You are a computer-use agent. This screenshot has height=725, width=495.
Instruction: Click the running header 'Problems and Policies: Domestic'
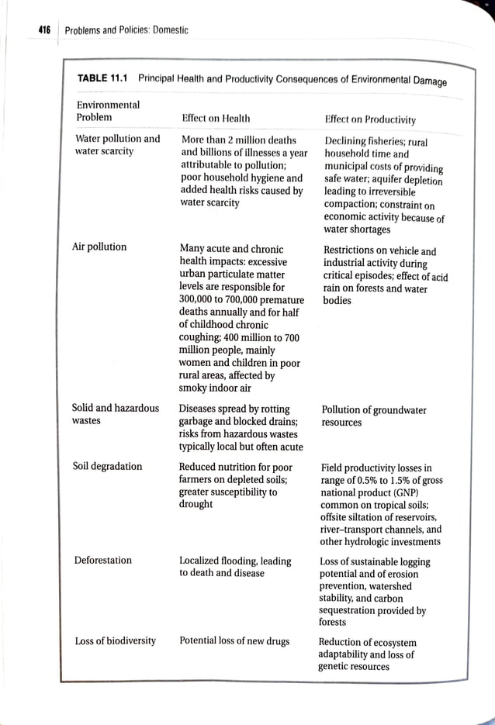tap(126, 30)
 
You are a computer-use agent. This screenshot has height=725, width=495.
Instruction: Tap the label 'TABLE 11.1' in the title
tap(103, 78)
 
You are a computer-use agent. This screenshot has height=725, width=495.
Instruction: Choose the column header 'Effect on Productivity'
tap(370, 119)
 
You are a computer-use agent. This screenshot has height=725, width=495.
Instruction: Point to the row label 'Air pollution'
tap(99, 247)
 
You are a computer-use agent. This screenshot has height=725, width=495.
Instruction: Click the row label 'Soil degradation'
tap(107, 466)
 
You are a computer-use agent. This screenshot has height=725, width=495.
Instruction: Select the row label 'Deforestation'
tap(103, 560)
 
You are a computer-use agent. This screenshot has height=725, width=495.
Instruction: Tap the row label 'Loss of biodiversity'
tap(115, 640)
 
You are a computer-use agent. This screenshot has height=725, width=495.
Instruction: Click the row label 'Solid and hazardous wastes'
tap(115, 415)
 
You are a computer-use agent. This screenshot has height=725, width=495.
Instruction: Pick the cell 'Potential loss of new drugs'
tap(234, 640)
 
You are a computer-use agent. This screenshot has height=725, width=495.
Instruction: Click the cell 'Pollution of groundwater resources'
tap(373, 416)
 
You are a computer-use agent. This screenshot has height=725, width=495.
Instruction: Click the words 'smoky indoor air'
tap(216, 388)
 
